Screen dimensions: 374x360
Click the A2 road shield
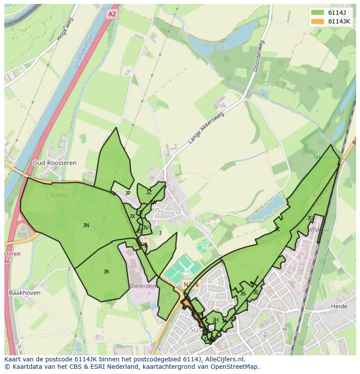click(x=112, y=14)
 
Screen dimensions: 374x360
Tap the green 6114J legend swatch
click(x=317, y=13)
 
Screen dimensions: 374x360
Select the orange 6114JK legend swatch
click(x=317, y=22)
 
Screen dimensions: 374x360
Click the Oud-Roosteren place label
click(x=54, y=163)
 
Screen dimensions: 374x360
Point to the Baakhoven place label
click(x=24, y=293)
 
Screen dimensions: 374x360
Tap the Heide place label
click(x=339, y=306)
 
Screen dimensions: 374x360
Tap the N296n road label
click(x=59, y=195)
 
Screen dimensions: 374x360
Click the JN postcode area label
click(x=86, y=225)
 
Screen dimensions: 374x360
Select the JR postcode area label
click(x=106, y=271)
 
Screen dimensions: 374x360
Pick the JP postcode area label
click(x=128, y=193)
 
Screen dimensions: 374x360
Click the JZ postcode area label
click(x=149, y=192)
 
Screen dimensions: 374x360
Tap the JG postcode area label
click(x=310, y=218)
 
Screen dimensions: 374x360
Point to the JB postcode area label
click(x=243, y=294)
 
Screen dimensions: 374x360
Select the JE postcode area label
click(x=256, y=292)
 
